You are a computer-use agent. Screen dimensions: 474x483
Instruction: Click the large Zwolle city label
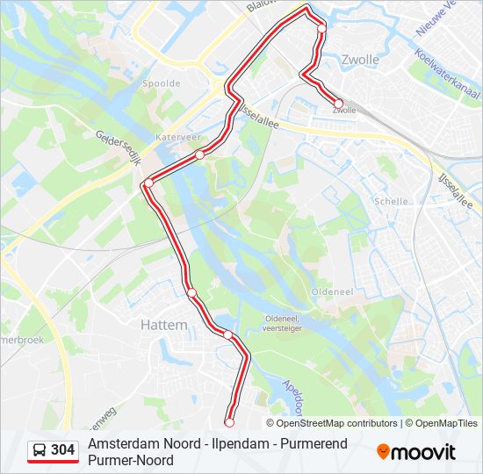pyautogui.click(x=359, y=61)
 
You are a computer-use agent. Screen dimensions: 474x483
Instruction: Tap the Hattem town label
pyautogui.click(x=164, y=325)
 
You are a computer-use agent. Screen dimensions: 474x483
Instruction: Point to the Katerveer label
pyautogui.click(x=173, y=138)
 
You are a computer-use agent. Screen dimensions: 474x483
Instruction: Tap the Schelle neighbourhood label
pyautogui.click(x=392, y=201)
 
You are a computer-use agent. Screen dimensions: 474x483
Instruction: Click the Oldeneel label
pyautogui.click(x=332, y=291)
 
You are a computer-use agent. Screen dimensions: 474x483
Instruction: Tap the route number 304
pyautogui.click(x=62, y=450)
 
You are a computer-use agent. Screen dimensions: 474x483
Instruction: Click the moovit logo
pyautogui.click(x=416, y=452)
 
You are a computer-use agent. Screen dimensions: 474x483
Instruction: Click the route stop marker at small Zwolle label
pyautogui.click(x=338, y=104)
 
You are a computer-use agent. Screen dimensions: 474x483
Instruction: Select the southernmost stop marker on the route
pyautogui.click(x=229, y=422)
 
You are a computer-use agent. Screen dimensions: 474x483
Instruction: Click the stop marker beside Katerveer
pyautogui.click(x=200, y=154)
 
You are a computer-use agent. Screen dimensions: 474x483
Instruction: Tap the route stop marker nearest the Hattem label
pyautogui.click(x=191, y=292)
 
